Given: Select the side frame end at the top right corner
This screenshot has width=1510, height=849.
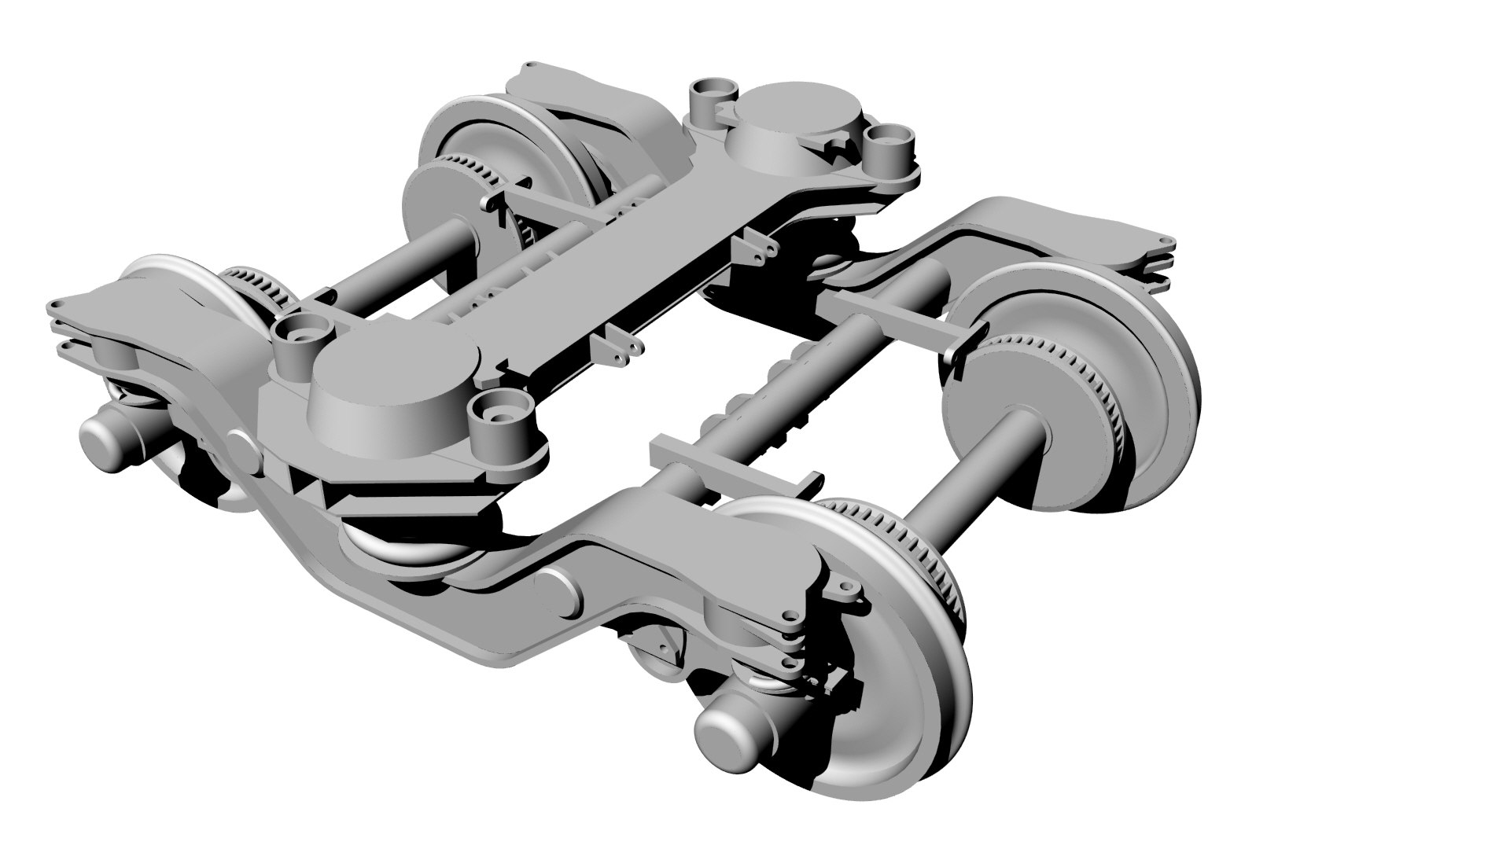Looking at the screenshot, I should [x=1101, y=236].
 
